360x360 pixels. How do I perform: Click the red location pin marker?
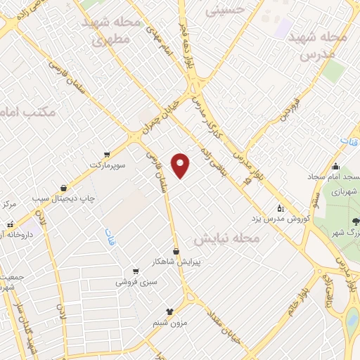181,165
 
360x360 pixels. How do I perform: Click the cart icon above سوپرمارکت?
106,154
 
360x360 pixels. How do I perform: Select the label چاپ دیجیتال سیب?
67,199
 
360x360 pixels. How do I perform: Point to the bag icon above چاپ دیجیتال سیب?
65,188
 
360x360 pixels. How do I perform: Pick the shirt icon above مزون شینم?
169,311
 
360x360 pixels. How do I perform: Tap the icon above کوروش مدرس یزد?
281,208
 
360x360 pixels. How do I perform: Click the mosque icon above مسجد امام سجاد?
336,167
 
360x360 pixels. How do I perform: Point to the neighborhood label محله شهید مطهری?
112,32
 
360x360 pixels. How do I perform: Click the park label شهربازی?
344,191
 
